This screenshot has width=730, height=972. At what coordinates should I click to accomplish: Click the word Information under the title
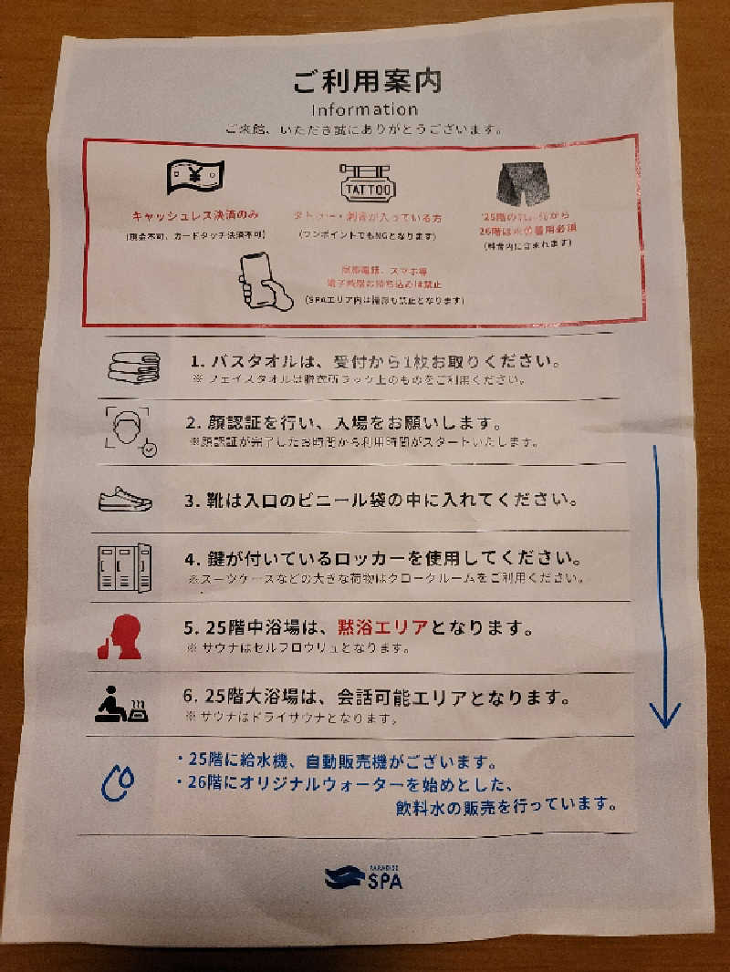coord(365,109)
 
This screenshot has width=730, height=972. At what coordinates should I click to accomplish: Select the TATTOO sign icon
coord(367,184)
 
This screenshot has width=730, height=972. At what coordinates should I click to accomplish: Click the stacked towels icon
coord(133,366)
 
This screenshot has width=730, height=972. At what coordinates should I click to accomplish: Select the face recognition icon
coord(130,429)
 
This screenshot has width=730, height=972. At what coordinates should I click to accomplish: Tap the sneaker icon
coord(125,500)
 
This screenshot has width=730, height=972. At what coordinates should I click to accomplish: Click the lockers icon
coord(124,566)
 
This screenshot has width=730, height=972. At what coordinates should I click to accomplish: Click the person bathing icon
coord(123,703)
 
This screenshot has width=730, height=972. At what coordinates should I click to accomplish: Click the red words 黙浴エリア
coord(382,629)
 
